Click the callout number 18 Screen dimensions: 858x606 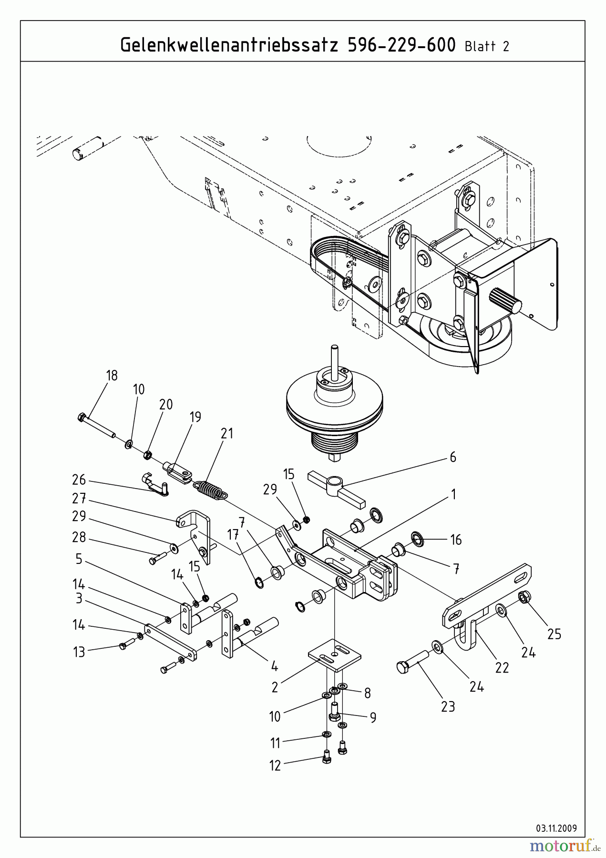(112, 376)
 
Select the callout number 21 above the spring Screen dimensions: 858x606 (227, 433)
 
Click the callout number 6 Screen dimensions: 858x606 (452, 457)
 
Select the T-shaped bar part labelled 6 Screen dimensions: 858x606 (336, 489)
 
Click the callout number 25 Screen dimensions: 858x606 (554, 634)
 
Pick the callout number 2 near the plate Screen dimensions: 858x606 (275, 687)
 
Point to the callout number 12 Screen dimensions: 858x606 (275, 766)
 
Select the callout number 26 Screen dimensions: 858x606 (79, 479)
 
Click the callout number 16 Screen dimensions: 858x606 (456, 540)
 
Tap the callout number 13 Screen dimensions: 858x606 (79, 652)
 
